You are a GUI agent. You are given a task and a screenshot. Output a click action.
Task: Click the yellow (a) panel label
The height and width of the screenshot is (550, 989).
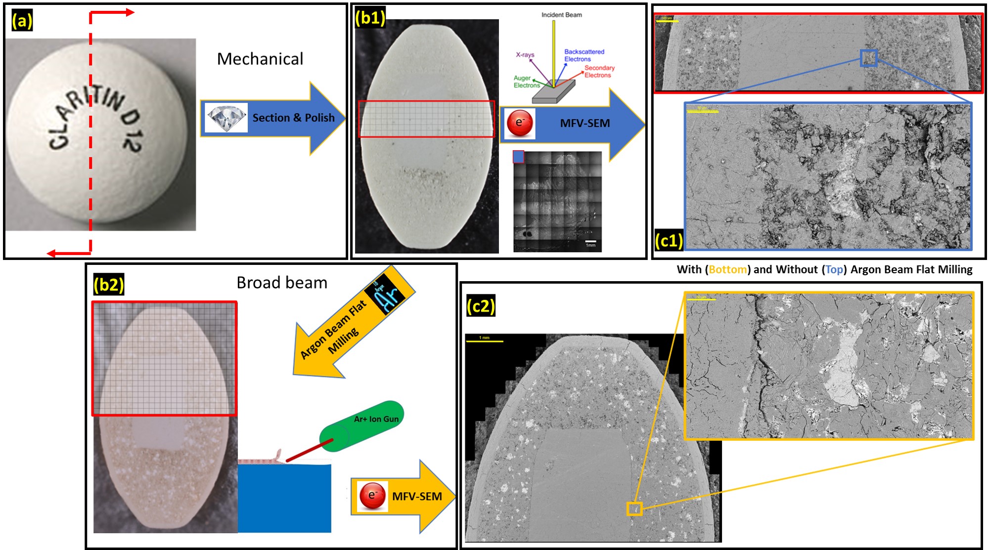point(22,21)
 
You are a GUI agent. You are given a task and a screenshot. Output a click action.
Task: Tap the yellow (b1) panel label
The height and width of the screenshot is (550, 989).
point(370,18)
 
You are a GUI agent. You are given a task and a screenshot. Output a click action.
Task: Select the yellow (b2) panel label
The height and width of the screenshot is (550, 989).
point(108,285)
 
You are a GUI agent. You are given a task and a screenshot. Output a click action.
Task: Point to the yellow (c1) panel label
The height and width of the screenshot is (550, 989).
point(669,240)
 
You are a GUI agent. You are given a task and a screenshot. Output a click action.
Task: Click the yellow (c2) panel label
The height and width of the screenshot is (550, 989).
point(481,306)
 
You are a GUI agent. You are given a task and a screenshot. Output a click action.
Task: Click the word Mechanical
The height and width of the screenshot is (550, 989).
point(260,59)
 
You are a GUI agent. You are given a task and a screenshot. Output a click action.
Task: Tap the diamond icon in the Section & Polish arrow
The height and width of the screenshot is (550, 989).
point(226,118)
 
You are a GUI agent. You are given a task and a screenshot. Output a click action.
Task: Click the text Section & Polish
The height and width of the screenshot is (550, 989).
point(293,118)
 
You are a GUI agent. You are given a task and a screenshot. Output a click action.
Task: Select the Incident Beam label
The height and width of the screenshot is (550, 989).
point(561,15)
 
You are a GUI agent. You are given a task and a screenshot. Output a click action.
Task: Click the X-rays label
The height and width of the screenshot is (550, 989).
point(525,55)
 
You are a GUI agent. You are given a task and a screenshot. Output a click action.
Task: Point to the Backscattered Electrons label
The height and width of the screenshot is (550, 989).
point(584,55)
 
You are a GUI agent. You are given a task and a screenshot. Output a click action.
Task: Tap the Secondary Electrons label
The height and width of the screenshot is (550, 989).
point(599,72)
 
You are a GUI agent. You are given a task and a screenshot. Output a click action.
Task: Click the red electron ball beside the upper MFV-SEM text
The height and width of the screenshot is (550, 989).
point(520,123)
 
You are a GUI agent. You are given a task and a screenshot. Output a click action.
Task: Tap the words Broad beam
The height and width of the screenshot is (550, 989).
point(282,283)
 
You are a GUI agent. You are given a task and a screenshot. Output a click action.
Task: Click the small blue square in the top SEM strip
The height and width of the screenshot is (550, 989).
point(868,58)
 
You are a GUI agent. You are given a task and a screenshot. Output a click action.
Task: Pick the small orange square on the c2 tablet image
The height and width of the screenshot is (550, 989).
point(634,508)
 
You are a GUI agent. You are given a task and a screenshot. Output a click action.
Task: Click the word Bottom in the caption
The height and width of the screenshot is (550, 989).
point(727,270)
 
